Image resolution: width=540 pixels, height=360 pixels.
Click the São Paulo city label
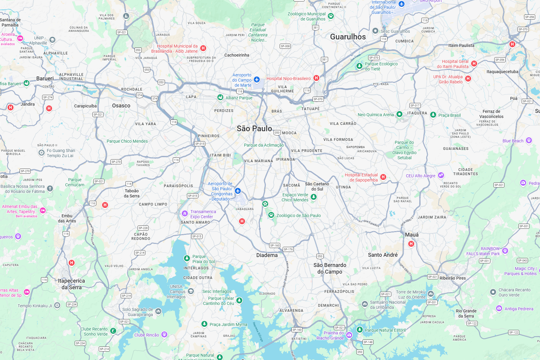click(x=254, y=129)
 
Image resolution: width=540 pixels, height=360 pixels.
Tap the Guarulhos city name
click(x=348, y=37)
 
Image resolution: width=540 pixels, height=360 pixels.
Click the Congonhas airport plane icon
click(x=238, y=191)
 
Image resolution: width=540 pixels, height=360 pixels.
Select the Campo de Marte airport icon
click(x=256, y=79)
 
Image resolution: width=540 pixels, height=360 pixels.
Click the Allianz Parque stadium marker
click(x=220, y=98)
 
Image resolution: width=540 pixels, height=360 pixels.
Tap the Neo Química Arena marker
click(x=399, y=114)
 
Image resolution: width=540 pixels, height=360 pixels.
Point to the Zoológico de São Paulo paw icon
click(x=271, y=215)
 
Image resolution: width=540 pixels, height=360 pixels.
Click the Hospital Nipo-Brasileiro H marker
click(x=316, y=78)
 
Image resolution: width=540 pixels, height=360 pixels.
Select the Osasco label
click(x=121, y=106)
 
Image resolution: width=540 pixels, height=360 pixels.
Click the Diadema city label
click(x=267, y=255)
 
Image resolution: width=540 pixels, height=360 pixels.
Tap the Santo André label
click(x=383, y=255)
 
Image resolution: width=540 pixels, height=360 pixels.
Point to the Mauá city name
click(x=411, y=235)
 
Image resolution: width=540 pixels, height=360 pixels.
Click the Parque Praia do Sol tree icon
click(x=187, y=258)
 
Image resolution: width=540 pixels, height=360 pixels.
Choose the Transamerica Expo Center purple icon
click(x=185, y=213)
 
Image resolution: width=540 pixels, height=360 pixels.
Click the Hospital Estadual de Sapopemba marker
click(x=383, y=177)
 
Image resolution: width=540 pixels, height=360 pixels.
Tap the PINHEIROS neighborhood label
click(x=209, y=136)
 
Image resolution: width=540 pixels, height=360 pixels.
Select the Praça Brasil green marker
click(x=433, y=115)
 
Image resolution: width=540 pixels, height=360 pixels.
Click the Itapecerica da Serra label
click(x=71, y=284)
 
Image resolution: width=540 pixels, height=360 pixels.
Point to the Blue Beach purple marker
click(x=529, y=140)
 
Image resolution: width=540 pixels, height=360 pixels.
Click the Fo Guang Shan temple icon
click(x=42, y=153)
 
